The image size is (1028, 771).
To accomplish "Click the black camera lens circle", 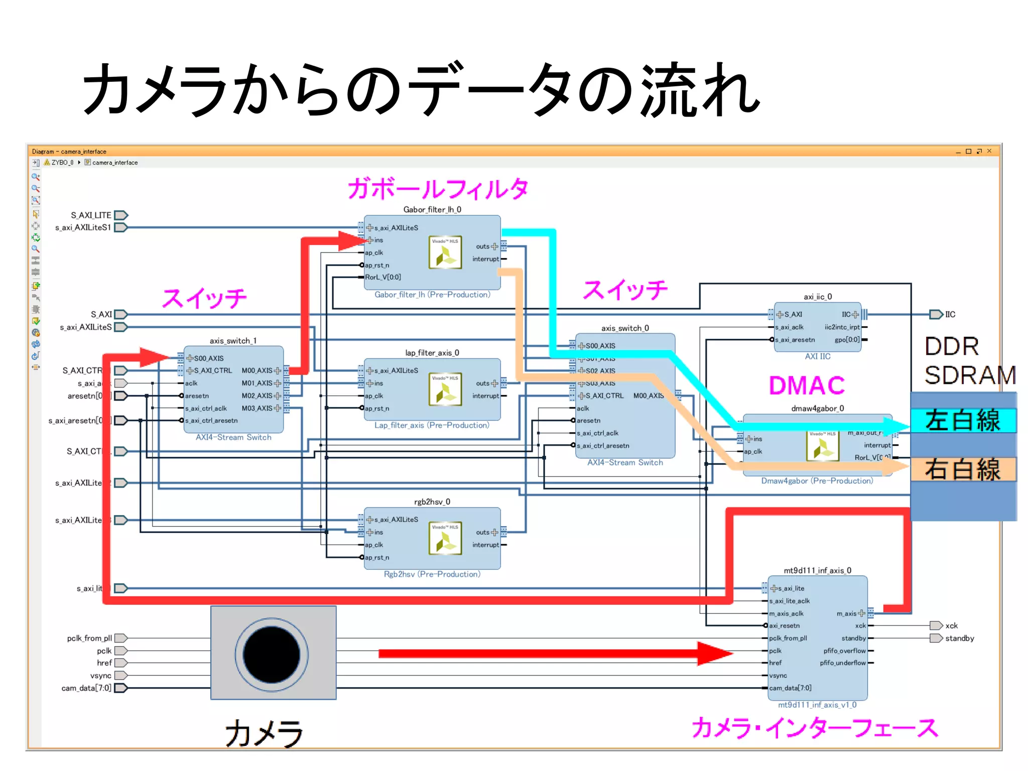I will point(271,655).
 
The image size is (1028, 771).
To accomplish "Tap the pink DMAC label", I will point(807,385).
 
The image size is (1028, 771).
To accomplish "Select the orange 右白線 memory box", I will point(963,469).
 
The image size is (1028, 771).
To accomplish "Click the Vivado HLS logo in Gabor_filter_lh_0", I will point(445,252).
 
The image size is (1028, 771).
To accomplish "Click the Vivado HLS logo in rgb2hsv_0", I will point(445,539).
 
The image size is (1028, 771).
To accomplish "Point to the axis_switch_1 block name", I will point(233,341).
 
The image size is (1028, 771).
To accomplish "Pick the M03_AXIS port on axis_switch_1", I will point(257,408).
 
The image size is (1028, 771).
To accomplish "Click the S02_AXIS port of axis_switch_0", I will point(600,370).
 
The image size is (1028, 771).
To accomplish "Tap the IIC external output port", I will point(937,314).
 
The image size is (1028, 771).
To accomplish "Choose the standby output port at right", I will point(937,638).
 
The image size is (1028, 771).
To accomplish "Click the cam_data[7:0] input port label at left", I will point(86,688).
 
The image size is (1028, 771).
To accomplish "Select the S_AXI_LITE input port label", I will point(91,215).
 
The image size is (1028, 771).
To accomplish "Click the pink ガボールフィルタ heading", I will point(438,189).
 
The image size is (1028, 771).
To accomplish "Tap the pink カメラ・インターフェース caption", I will point(814,728).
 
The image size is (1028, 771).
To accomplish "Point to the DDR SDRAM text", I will point(969,360).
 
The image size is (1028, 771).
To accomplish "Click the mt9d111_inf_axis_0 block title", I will point(817,570).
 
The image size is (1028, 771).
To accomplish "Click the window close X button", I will point(989,151).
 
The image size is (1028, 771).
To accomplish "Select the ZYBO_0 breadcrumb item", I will point(62,163).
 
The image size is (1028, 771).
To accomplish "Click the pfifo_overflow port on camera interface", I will point(844,651).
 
